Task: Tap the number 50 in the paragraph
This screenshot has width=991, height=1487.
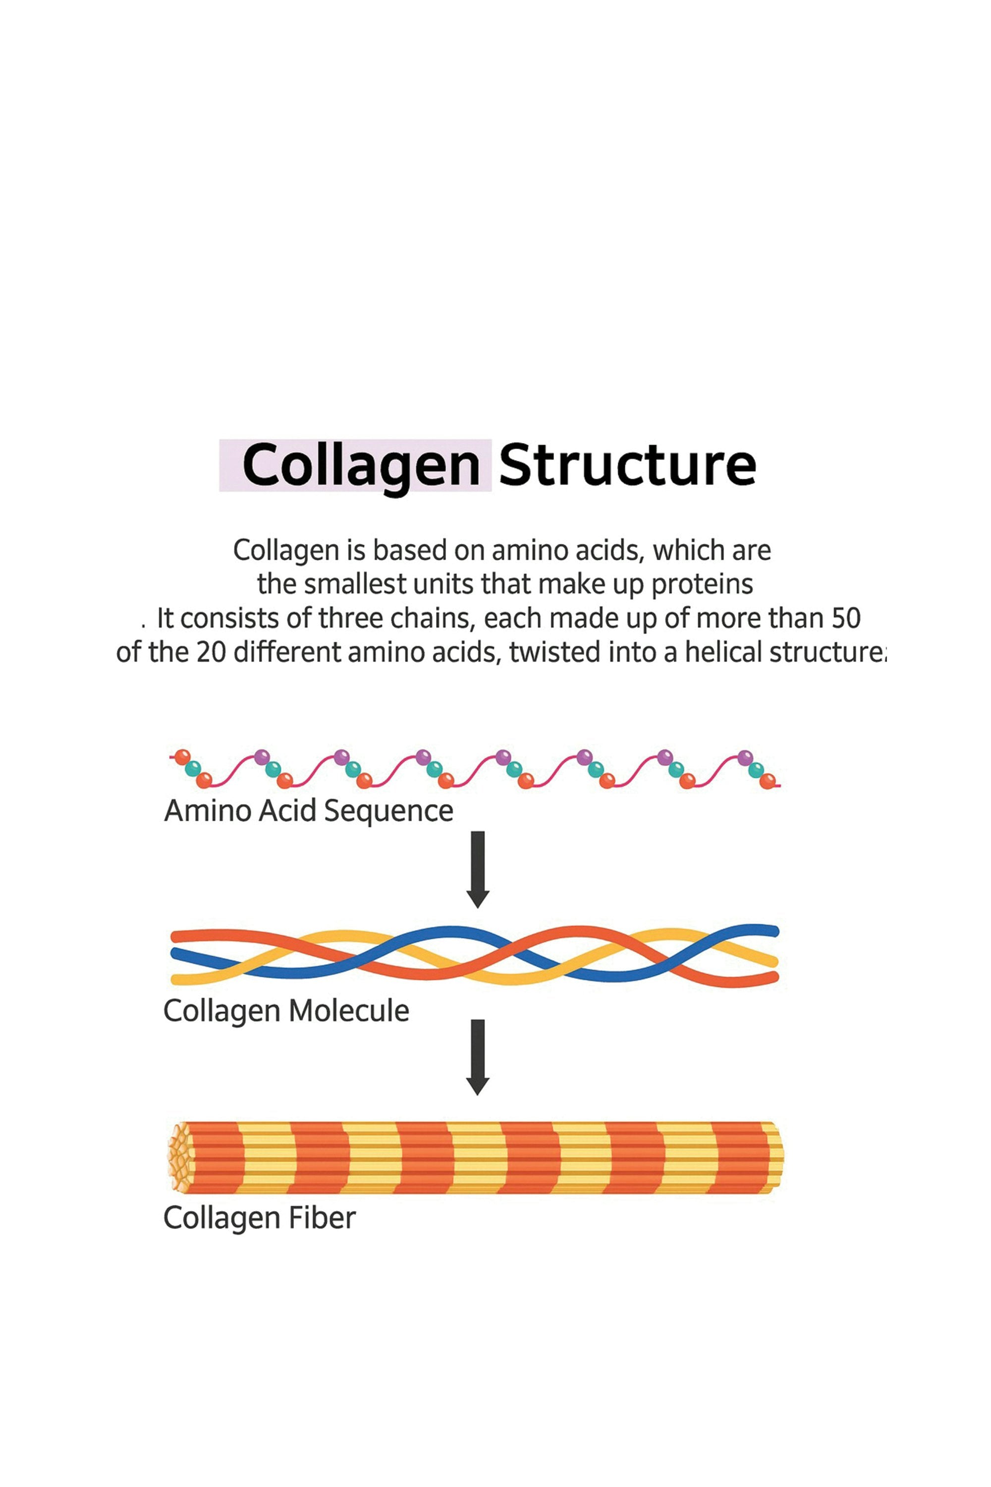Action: click(846, 618)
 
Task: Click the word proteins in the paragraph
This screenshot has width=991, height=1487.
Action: click(702, 584)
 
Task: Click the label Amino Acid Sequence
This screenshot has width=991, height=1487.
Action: click(308, 811)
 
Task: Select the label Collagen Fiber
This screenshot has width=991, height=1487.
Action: click(259, 1218)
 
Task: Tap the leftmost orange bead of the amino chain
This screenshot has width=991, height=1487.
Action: click(182, 757)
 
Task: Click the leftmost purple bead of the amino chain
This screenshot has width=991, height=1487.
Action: click(262, 757)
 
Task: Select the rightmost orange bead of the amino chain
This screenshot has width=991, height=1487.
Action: click(767, 782)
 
